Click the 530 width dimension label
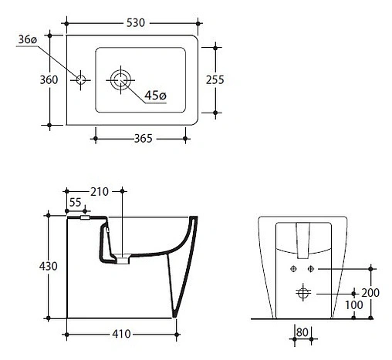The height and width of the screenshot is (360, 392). point(136,23)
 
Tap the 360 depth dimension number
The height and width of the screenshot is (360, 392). point(49,80)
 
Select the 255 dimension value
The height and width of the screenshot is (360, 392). point(215,80)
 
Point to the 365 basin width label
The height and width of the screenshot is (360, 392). point(144,139)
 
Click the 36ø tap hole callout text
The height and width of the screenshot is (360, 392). point(28,39)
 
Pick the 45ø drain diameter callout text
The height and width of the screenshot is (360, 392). point(155,96)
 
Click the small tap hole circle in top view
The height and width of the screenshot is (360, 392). point(81,80)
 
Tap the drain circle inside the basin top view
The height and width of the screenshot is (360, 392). point(120,80)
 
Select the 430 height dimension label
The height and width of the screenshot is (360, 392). point(49,266)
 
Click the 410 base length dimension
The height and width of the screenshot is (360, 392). point(121,334)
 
